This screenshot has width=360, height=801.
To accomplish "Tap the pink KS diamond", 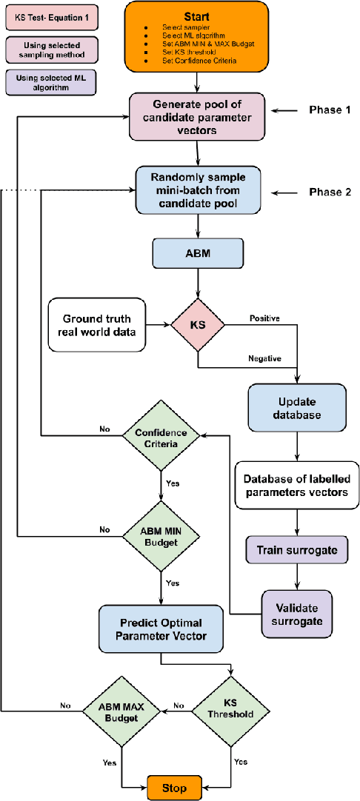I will tap(197, 325).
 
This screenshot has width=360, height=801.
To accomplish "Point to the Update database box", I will tap(297, 407).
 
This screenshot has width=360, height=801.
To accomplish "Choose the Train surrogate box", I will tap(297, 550).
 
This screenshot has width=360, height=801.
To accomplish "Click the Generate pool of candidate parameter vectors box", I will tap(197, 116).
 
